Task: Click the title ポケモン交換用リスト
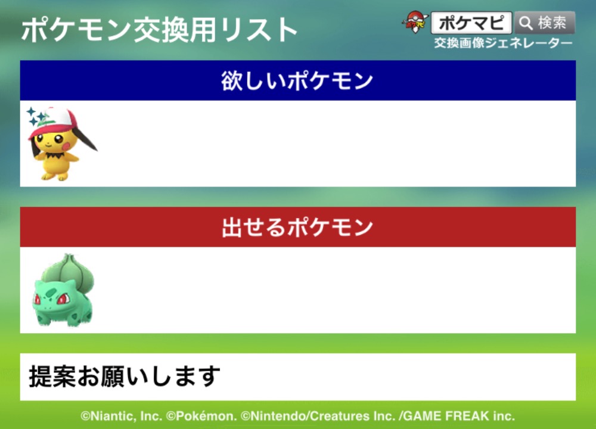tap(160, 30)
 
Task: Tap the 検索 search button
tap(545, 23)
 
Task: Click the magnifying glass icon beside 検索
tap(526, 23)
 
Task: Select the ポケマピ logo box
tap(471, 23)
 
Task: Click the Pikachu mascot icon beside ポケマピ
tap(415, 22)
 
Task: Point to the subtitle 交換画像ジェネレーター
tap(503, 43)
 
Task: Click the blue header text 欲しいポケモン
tap(297, 80)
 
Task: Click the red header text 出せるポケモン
tap(297, 227)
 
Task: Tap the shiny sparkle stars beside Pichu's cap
tap(36, 116)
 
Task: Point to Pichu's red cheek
tap(66, 146)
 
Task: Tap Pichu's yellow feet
tap(55, 176)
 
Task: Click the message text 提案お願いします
tap(125, 377)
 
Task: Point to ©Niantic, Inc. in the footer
tap(122, 416)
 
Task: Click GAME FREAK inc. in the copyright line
tap(459, 416)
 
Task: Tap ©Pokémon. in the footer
tap(202, 416)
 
